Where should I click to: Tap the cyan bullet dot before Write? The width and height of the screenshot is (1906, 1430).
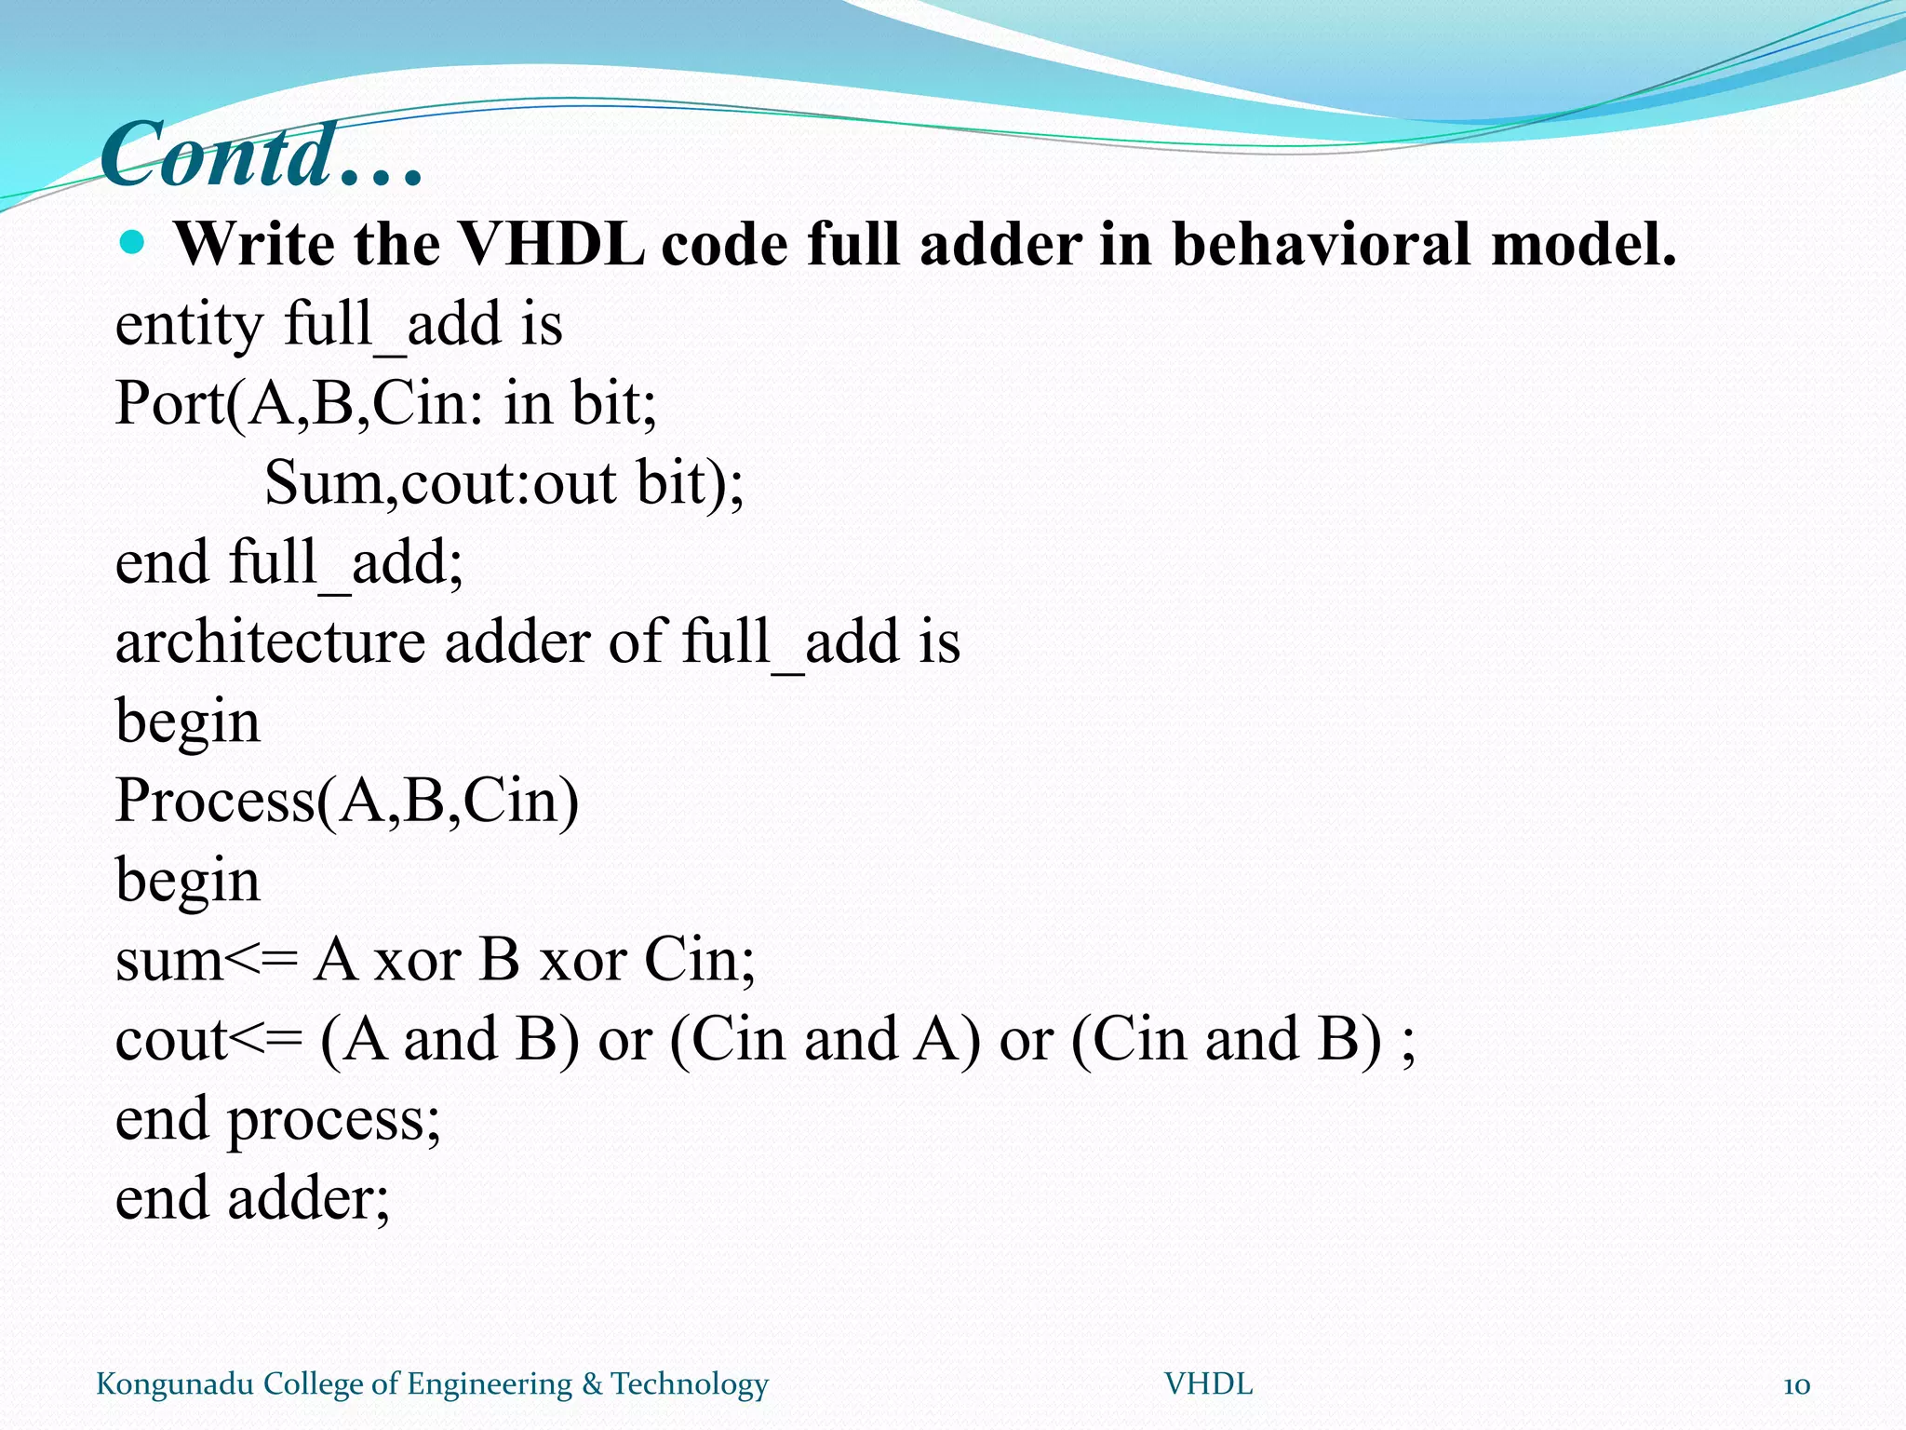[x=133, y=244]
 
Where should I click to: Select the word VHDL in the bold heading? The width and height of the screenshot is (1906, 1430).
[x=551, y=246]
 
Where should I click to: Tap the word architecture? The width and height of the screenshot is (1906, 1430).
[x=270, y=642]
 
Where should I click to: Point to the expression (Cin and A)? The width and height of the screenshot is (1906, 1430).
[x=825, y=1040]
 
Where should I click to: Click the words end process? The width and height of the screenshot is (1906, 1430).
[x=277, y=1120]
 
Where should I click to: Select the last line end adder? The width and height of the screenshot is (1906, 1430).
[x=252, y=1199]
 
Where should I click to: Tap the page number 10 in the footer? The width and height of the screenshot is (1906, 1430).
[x=1796, y=1385]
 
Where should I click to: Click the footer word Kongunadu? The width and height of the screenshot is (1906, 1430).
[x=175, y=1384]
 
